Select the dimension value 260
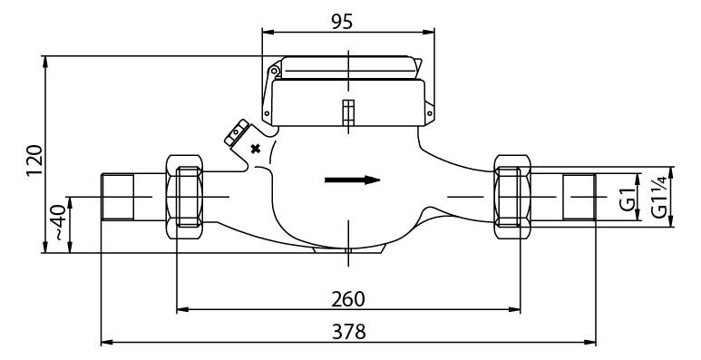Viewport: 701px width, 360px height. pyautogui.click(x=348, y=299)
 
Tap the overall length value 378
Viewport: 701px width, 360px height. pyautogui.click(x=348, y=332)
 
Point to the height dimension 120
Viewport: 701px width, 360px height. pyautogui.click(x=34, y=161)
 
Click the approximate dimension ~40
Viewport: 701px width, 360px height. pyautogui.click(x=57, y=223)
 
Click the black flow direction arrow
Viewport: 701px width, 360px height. pyautogui.click(x=352, y=180)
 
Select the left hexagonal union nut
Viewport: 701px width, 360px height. pyautogui.click(x=187, y=196)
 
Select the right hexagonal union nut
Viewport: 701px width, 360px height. pyautogui.click(x=511, y=196)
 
